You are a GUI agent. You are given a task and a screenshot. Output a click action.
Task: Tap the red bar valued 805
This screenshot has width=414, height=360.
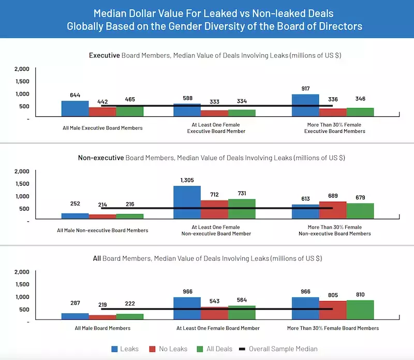click(x=332, y=311)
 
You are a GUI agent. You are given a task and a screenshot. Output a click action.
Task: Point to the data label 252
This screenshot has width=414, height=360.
click(x=76, y=203)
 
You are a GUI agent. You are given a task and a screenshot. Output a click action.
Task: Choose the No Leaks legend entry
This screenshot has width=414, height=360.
click(x=169, y=349)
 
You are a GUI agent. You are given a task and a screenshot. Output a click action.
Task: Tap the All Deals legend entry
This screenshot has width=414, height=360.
click(x=216, y=349)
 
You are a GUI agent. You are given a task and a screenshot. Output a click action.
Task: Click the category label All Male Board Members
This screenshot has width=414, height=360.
click(x=102, y=328)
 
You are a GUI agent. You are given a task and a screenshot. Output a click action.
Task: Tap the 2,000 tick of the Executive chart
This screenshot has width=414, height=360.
click(x=22, y=69)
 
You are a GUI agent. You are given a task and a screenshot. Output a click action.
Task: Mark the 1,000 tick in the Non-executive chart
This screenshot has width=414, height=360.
click(x=22, y=196)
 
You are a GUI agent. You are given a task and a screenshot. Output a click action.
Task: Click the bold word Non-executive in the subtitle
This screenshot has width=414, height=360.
click(x=101, y=157)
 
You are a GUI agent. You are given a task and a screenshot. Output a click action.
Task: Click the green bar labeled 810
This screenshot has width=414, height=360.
click(x=360, y=310)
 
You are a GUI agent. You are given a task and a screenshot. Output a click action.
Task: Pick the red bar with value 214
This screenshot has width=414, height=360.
click(x=102, y=217)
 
